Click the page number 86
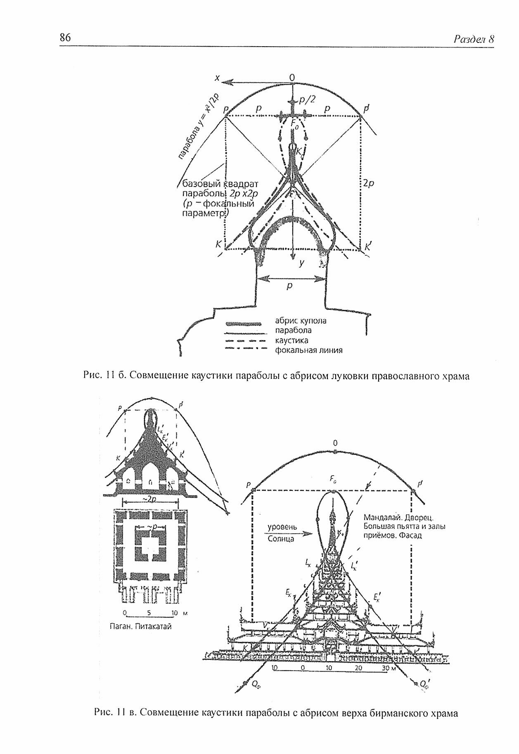(66, 38)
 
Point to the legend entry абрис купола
(300, 320)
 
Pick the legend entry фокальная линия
(308, 351)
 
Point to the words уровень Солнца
(281, 533)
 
